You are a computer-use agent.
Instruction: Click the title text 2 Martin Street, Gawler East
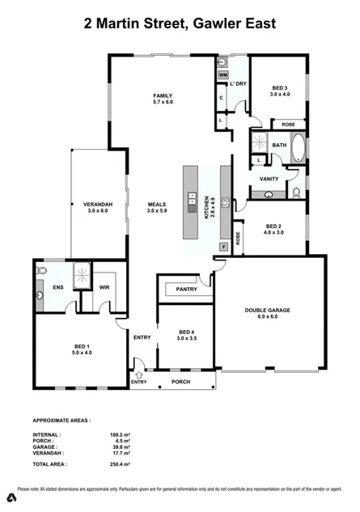coord(180,24)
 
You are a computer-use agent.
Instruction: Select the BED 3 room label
coord(278,90)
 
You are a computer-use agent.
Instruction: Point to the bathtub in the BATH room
coord(298,150)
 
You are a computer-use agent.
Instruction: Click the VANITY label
coord(269,179)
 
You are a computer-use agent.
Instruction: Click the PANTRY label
coord(187,289)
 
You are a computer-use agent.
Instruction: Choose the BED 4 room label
coord(186,336)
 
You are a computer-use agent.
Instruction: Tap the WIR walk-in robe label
coord(104,286)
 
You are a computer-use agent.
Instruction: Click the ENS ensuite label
coord(58,286)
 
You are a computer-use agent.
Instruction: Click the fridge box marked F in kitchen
coord(224,246)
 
